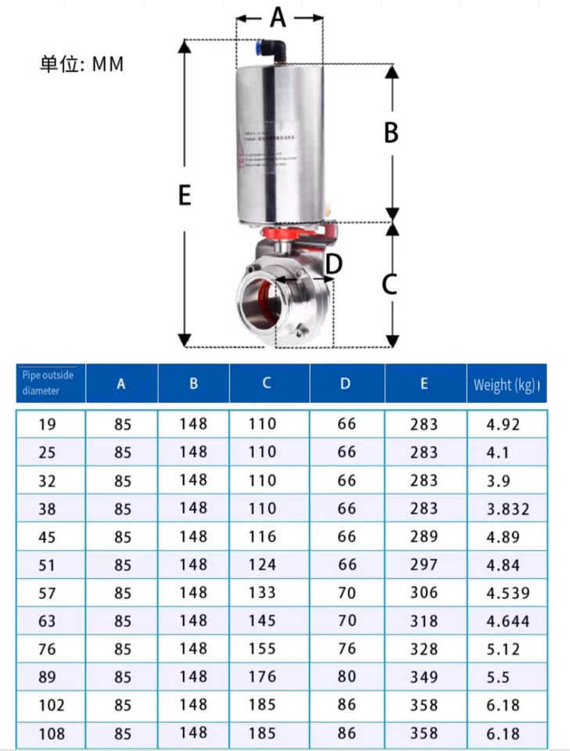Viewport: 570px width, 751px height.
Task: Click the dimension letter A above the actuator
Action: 278,16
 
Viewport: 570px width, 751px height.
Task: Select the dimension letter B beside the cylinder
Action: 391,133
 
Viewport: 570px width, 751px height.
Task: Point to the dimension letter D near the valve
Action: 333,265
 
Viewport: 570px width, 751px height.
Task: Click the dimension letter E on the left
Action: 185,194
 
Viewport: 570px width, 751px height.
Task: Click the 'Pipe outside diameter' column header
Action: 48,383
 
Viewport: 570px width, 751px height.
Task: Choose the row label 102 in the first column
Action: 50,705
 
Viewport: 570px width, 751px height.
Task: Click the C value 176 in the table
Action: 263,677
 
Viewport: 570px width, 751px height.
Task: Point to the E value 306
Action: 424,593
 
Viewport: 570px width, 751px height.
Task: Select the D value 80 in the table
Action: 347,677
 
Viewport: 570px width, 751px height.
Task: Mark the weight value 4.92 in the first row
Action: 504,425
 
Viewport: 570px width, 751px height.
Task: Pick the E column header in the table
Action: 424,383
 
